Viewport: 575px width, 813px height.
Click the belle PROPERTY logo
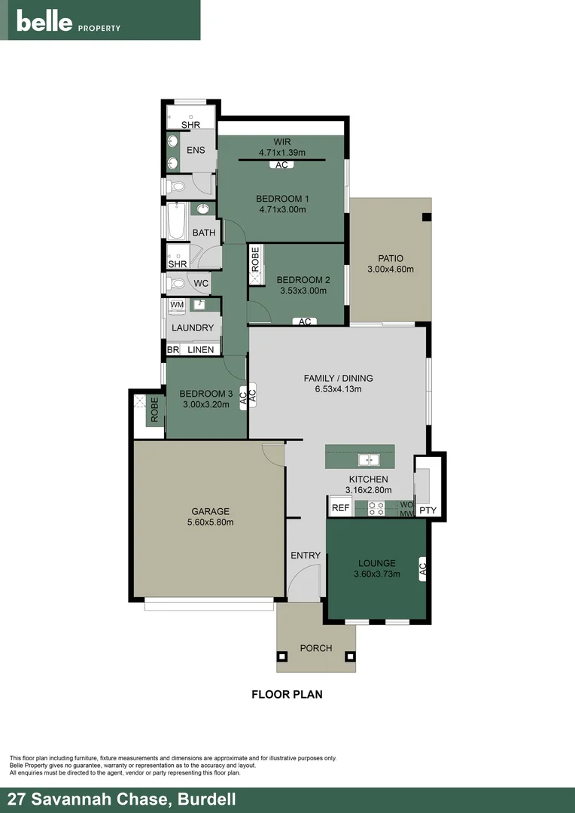coord(68,23)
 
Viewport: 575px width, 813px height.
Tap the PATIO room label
coord(390,258)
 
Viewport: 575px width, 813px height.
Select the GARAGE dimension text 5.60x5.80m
coord(210,522)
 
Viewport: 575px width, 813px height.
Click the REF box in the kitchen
coord(340,508)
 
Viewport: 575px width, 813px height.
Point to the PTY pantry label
coord(427,511)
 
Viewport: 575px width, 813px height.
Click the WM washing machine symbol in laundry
coord(177,305)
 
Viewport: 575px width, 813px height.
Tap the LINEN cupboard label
coord(201,349)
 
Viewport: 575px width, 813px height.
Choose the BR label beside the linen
coord(173,349)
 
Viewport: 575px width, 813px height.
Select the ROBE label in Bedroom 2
coord(255,260)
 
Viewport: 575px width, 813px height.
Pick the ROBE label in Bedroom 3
coord(155,410)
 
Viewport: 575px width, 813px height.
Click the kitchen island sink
coord(369,459)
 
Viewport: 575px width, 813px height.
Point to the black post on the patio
coord(427,218)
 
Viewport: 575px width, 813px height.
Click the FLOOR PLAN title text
coord(287,695)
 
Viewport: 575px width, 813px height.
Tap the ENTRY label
coord(306,556)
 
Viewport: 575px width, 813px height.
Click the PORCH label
coord(315,648)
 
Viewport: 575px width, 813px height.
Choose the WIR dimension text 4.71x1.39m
coord(281,152)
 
